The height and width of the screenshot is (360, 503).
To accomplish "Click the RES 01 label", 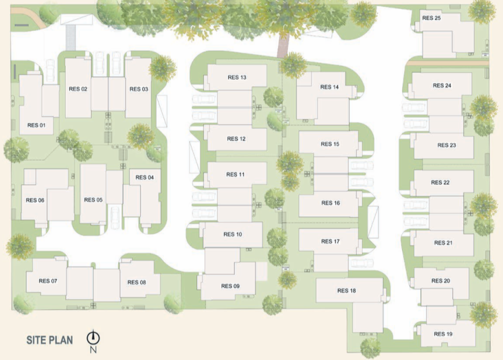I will click(36, 125).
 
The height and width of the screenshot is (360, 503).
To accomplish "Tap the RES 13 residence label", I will click(236, 77).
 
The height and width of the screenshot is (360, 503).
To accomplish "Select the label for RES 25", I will click(431, 18).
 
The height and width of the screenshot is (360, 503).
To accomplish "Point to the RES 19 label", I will click(443, 334).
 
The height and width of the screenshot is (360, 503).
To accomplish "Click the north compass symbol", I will click(93, 337).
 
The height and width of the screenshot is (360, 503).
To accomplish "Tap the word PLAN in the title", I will click(61, 340).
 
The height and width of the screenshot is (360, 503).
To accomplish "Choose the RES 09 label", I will click(230, 286).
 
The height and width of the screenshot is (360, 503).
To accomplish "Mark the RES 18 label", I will click(346, 290).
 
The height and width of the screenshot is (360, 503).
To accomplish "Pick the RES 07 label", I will click(47, 281).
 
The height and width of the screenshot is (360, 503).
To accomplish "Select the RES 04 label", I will click(144, 177).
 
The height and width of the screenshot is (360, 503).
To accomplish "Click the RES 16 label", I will click(330, 203).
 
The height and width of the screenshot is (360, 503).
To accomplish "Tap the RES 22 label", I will click(440, 182).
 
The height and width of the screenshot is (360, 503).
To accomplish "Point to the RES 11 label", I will click(235, 174).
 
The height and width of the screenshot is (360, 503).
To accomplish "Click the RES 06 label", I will click(35, 200).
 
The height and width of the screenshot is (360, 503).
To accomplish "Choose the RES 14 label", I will click(329, 87).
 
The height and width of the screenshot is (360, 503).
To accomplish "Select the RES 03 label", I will click(138, 89).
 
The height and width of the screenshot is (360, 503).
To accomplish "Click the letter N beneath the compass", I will click(93, 350).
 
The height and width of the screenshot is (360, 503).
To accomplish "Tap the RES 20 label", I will click(440, 280).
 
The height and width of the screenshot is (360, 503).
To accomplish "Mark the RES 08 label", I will click(136, 282).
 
